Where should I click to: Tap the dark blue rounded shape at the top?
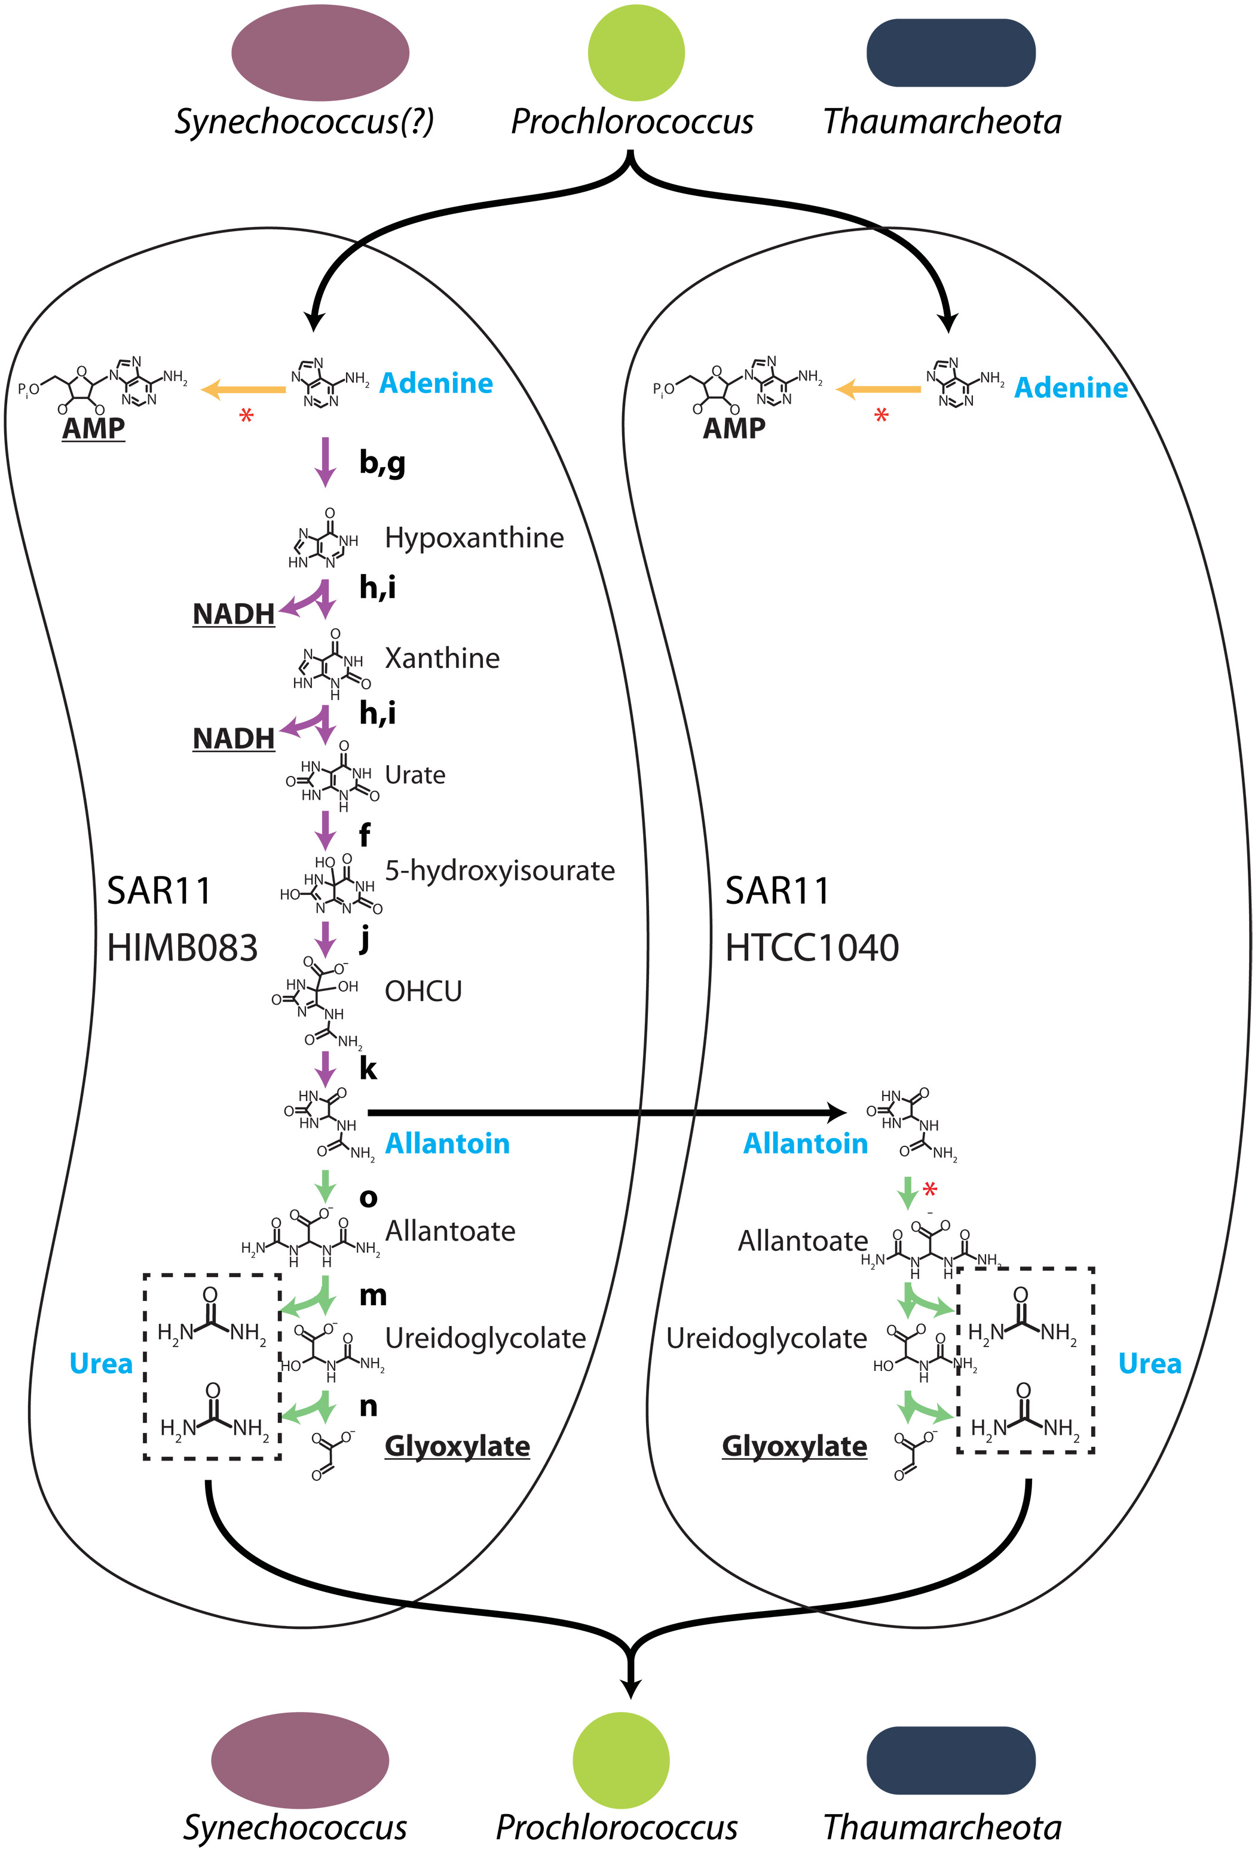950,53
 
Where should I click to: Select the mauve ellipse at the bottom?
299,1760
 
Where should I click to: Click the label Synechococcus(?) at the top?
304,122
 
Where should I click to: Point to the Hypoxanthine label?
474,538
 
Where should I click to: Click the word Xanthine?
442,658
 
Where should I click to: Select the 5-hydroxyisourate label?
499,871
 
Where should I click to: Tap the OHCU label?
423,992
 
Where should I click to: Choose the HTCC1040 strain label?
812,948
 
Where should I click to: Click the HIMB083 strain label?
182,948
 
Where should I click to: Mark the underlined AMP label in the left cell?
94,428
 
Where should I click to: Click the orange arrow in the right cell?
878,389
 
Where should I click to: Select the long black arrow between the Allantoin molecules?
605,1112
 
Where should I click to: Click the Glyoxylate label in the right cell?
794,1446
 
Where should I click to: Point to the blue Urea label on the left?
101,1364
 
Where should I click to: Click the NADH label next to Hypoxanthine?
233,613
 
